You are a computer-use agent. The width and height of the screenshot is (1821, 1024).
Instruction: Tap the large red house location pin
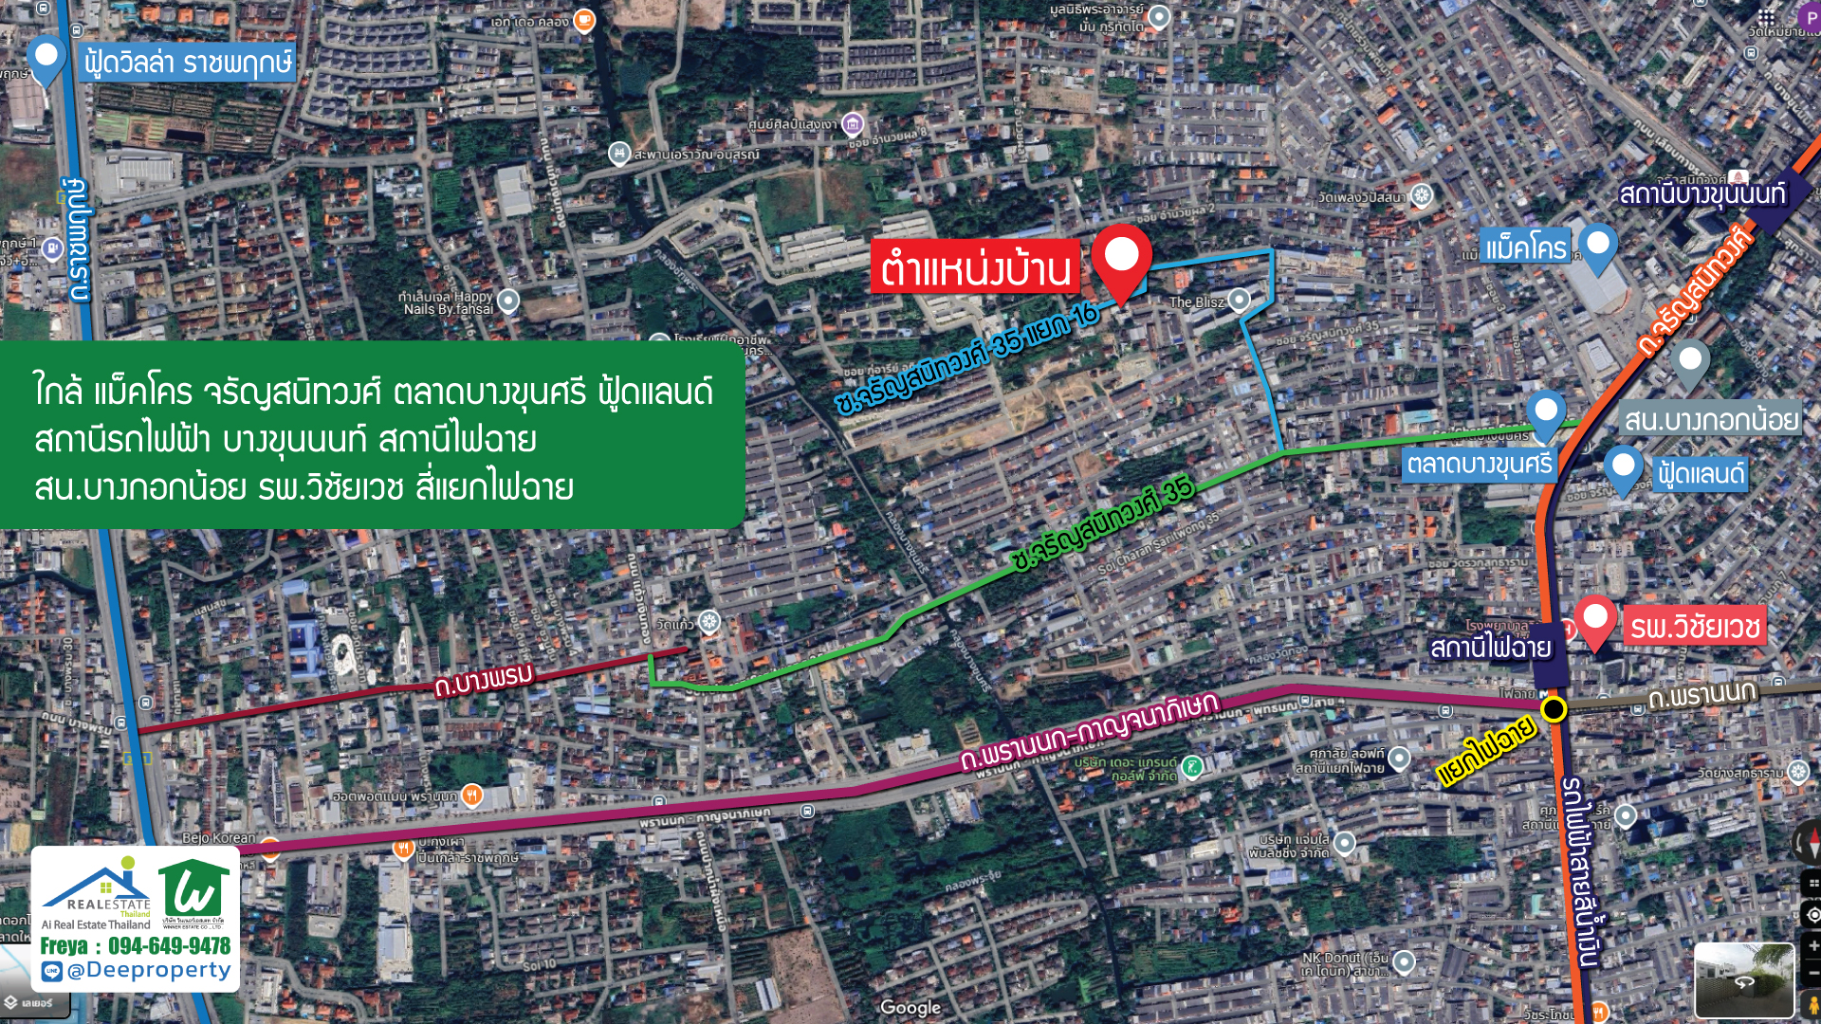click(1121, 258)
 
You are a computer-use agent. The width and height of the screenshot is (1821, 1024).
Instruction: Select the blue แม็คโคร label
click(1525, 248)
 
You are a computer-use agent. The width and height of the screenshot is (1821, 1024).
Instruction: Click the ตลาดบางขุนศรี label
click(1479, 464)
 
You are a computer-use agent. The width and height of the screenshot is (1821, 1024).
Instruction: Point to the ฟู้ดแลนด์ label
click(1700, 473)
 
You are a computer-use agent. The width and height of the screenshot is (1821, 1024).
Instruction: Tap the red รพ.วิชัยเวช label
click(1695, 627)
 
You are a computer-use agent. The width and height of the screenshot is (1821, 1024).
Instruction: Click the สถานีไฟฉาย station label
click(1490, 648)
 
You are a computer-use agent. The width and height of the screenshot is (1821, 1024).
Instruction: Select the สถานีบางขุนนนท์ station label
click(1701, 194)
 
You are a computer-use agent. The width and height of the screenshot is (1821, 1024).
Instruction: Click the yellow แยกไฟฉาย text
click(1485, 752)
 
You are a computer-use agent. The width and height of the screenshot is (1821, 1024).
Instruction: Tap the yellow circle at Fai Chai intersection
click(1554, 709)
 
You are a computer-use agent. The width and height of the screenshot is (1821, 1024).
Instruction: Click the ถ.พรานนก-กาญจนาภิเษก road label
click(1088, 731)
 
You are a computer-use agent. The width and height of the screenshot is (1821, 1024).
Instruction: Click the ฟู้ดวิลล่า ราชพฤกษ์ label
click(187, 64)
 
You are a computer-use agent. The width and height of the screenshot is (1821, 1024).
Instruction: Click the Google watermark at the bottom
click(910, 1007)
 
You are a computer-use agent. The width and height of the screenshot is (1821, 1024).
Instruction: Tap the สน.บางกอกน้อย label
click(1711, 419)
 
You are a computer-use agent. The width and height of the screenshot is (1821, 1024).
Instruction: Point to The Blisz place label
click(1196, 302)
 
